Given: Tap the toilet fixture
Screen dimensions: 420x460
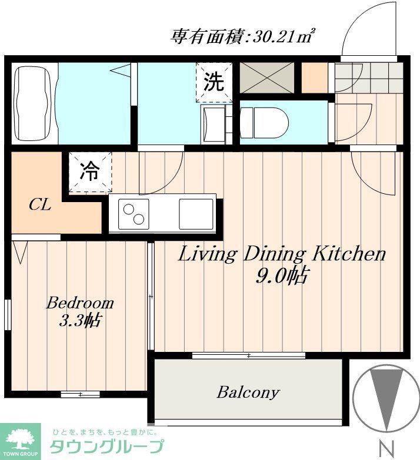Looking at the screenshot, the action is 264,123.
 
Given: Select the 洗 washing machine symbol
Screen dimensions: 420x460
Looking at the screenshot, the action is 214,82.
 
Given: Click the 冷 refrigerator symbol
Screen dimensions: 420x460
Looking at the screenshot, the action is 90,172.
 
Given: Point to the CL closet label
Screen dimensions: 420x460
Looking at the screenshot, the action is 40,205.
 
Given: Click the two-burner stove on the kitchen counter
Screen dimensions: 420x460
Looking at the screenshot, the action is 134,214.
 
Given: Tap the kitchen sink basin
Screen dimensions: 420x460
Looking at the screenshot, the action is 196,214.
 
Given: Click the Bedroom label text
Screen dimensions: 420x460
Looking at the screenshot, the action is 80,303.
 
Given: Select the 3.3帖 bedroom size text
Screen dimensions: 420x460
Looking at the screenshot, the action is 80,321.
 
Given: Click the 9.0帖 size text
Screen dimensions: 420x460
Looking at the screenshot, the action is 282,276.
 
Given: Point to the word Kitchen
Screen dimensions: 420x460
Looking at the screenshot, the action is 349,254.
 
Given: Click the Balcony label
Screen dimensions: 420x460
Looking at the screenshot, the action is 248,392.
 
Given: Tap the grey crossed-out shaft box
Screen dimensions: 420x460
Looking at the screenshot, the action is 267,78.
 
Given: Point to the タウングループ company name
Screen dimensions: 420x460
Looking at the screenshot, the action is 106,447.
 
